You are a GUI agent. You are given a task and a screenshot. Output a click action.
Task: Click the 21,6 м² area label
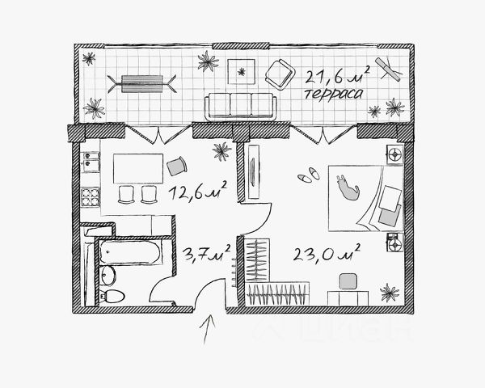click(336, 77)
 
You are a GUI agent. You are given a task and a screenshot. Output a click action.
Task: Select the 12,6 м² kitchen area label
click(196, 192)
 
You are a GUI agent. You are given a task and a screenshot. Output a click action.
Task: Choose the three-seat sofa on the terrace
click(239, 106)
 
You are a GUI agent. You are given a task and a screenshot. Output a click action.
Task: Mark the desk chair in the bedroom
click(348, 280)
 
